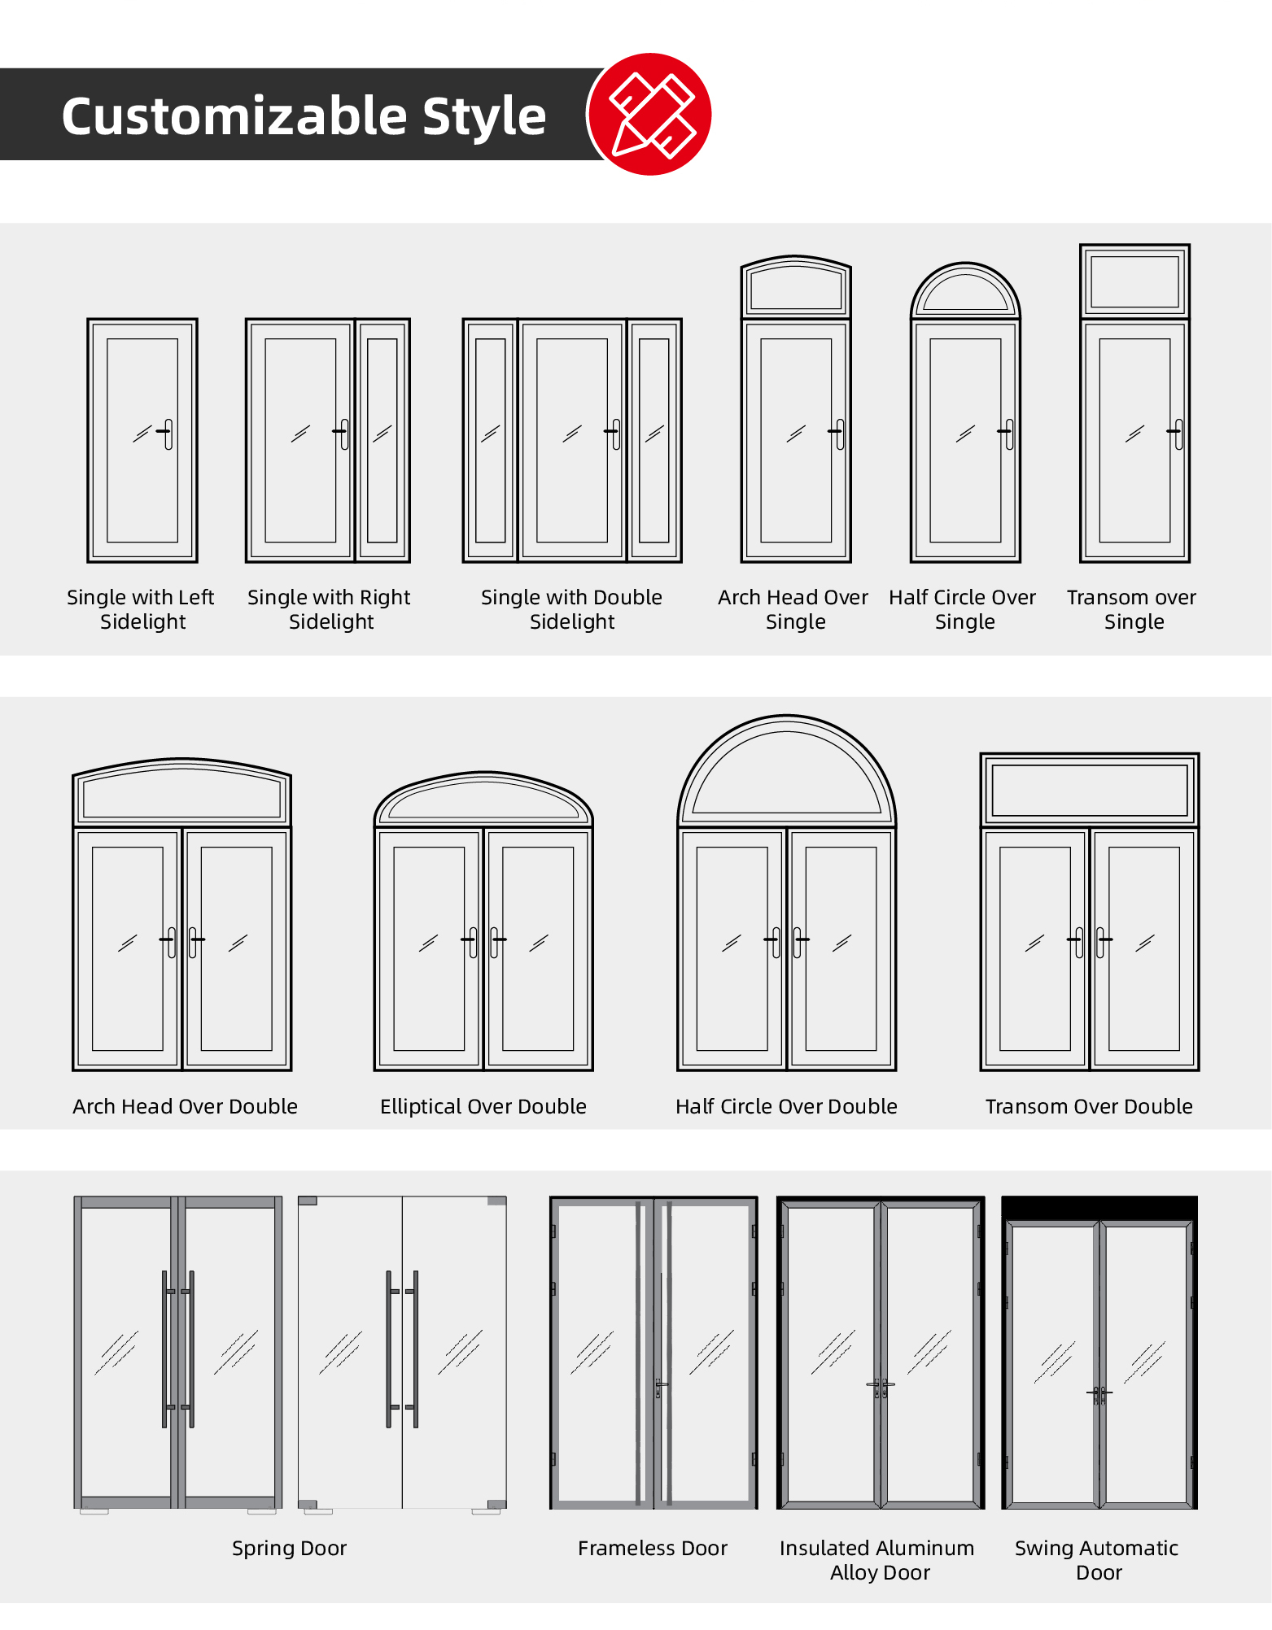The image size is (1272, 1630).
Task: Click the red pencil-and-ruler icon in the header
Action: [x=649, y=114]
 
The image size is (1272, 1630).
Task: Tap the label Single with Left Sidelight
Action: [x=141, y=609]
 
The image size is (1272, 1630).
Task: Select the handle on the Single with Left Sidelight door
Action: [x=166, y=434]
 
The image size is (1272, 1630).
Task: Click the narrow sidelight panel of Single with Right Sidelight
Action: [x=382, y=440]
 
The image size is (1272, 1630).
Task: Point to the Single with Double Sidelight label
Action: [x=571, y=609]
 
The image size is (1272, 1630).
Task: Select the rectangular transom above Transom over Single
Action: [x=1134, y=281]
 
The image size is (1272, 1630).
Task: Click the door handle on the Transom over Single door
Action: [x=1176, y=434]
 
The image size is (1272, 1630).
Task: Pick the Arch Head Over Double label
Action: [x=185, y=1106]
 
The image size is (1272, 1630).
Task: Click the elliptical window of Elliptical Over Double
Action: [x=483, y=800]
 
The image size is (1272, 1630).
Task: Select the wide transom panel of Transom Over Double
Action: [x=1090, y=790]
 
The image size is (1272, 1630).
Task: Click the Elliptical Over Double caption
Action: [x=483, y=1106]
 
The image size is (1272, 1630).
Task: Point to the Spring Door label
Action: [x=289, y=1548]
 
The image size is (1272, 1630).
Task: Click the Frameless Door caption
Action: [x=653, y=1548]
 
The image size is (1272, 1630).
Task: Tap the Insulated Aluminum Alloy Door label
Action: [x=877, y=1560]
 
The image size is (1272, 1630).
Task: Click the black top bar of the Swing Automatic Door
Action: [x=1099, y=1208]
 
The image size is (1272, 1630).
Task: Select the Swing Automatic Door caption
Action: [x=1097, y=1560]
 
